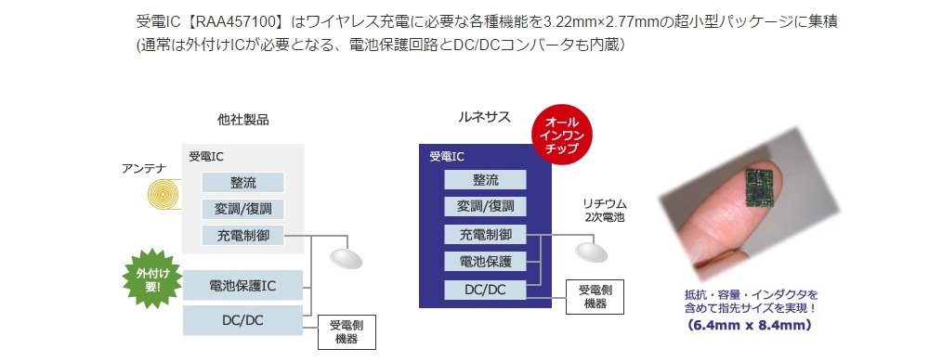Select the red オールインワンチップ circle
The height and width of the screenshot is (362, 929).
point(560,136)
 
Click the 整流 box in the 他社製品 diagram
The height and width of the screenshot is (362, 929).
point(242,182)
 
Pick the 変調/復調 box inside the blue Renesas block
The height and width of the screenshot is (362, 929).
point(485,206)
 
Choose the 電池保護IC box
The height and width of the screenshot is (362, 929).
point(242,286)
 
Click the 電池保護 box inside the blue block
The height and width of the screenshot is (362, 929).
point(485,261)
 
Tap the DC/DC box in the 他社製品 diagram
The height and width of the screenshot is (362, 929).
point(242,320)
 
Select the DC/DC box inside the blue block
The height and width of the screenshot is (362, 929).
point(485,289)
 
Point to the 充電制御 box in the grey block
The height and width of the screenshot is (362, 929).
point(242,236)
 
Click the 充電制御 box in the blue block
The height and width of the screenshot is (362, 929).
point(485,234)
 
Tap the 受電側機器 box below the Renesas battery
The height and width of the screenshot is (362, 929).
point(595,296)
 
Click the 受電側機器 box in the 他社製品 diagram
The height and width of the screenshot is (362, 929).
point(347,332)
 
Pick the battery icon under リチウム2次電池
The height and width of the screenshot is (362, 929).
point(591,252)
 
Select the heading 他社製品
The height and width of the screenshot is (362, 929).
point(242,120)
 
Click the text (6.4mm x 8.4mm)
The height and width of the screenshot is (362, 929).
point(750,325)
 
